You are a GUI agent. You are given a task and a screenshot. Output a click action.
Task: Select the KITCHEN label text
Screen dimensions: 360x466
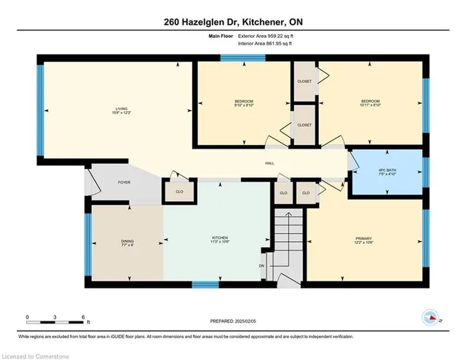pos(220,239)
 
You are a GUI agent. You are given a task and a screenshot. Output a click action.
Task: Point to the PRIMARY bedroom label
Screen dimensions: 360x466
pos(363,239)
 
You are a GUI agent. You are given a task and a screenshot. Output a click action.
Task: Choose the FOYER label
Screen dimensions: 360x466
pos(125,181)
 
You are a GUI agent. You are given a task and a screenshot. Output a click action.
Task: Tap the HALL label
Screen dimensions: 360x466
pos(269,163)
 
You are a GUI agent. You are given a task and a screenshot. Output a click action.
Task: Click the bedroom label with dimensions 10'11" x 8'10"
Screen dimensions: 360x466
pos(371,103)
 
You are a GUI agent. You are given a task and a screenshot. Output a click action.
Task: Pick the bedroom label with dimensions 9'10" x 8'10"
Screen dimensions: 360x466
pos(243,103)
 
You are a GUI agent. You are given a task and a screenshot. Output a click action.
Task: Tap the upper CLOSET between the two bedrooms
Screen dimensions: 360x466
pos(304,81)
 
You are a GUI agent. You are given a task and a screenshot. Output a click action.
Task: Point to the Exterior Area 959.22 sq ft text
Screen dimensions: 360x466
pos(261,35)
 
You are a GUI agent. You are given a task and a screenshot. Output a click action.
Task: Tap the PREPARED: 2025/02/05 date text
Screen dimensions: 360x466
pos(233,321)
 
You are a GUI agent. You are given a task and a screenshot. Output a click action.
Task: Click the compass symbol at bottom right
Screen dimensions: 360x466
pos(430,317)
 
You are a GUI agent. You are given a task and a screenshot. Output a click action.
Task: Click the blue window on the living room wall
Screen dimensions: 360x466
pos(41,109)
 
